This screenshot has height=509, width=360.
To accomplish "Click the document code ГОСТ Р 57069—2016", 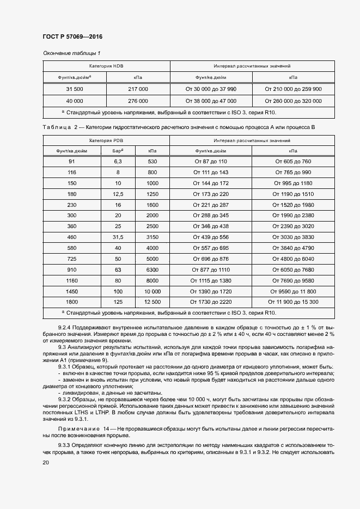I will pos(72,36).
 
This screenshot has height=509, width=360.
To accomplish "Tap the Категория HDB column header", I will pos(106,65).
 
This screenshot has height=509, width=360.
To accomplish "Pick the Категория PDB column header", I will pos(106,140).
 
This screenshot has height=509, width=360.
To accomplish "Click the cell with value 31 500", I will pos(75,89).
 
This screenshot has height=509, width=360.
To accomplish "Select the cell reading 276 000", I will pos(138,101).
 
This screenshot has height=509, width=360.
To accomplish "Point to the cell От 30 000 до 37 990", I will pos(211,89).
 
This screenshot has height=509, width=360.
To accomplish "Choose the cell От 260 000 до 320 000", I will pos(293,101).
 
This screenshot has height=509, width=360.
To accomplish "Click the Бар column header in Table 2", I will pos(118,151).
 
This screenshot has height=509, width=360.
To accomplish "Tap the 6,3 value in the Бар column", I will pos(118,162).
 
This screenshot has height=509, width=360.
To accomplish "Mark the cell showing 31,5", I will pos(118,237).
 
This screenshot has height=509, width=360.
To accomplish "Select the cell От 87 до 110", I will pos(211,162).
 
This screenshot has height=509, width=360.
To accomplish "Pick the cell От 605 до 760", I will pos(293,162).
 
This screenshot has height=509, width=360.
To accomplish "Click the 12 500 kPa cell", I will pos(152,302).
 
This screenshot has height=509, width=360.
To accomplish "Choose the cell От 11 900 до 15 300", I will pos(293,302).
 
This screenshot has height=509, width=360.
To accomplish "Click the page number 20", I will pos(46,463).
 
